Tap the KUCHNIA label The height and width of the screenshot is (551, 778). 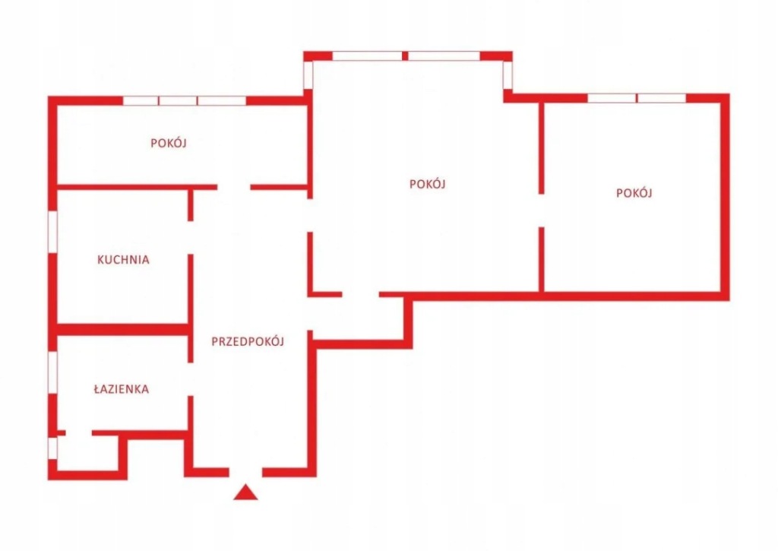pyautogui.click(x=123, y=259)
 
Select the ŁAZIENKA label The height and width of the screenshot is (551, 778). pyautogui.click(x=122, y=389)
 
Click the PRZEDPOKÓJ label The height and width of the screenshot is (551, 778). pyautogui.click(x=248, y=341)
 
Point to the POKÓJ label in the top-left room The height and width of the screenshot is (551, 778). pyautogui.click(x=169, y=143)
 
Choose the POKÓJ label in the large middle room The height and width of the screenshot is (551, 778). pyautogui.click(x=427, y=184)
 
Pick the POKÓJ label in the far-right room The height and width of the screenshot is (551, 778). pyautogui.click(x=634, y=193)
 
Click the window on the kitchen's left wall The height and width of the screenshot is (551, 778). pyautogui.click(x=52, y=230)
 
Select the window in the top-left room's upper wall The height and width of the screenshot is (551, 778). pyautogui.click(x=185, y=100)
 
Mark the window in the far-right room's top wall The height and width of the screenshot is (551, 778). pyautogui.click(x=637, y=98)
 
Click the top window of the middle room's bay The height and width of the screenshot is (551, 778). pyautogui.click(x=406, y=55)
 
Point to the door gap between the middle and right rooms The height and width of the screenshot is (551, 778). pyautogui.click(x=541, y=210)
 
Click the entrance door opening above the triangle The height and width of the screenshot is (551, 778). pyautogui.click(x=245, y=472)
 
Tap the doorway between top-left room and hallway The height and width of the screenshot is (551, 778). pyautogui.click(x=234, y=186)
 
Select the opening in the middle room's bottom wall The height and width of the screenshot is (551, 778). pyautogui.click(x=361, y=294)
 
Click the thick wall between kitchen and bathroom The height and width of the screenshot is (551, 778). pyautogui.click(x=122, y=329)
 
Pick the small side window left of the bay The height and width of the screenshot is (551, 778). pyautogui.click(x=308, y=74)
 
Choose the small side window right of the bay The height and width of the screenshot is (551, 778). pyautogui.click(x=508, y=74)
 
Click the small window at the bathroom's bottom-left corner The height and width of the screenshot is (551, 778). pyautogui.click(x=52, y=447)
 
